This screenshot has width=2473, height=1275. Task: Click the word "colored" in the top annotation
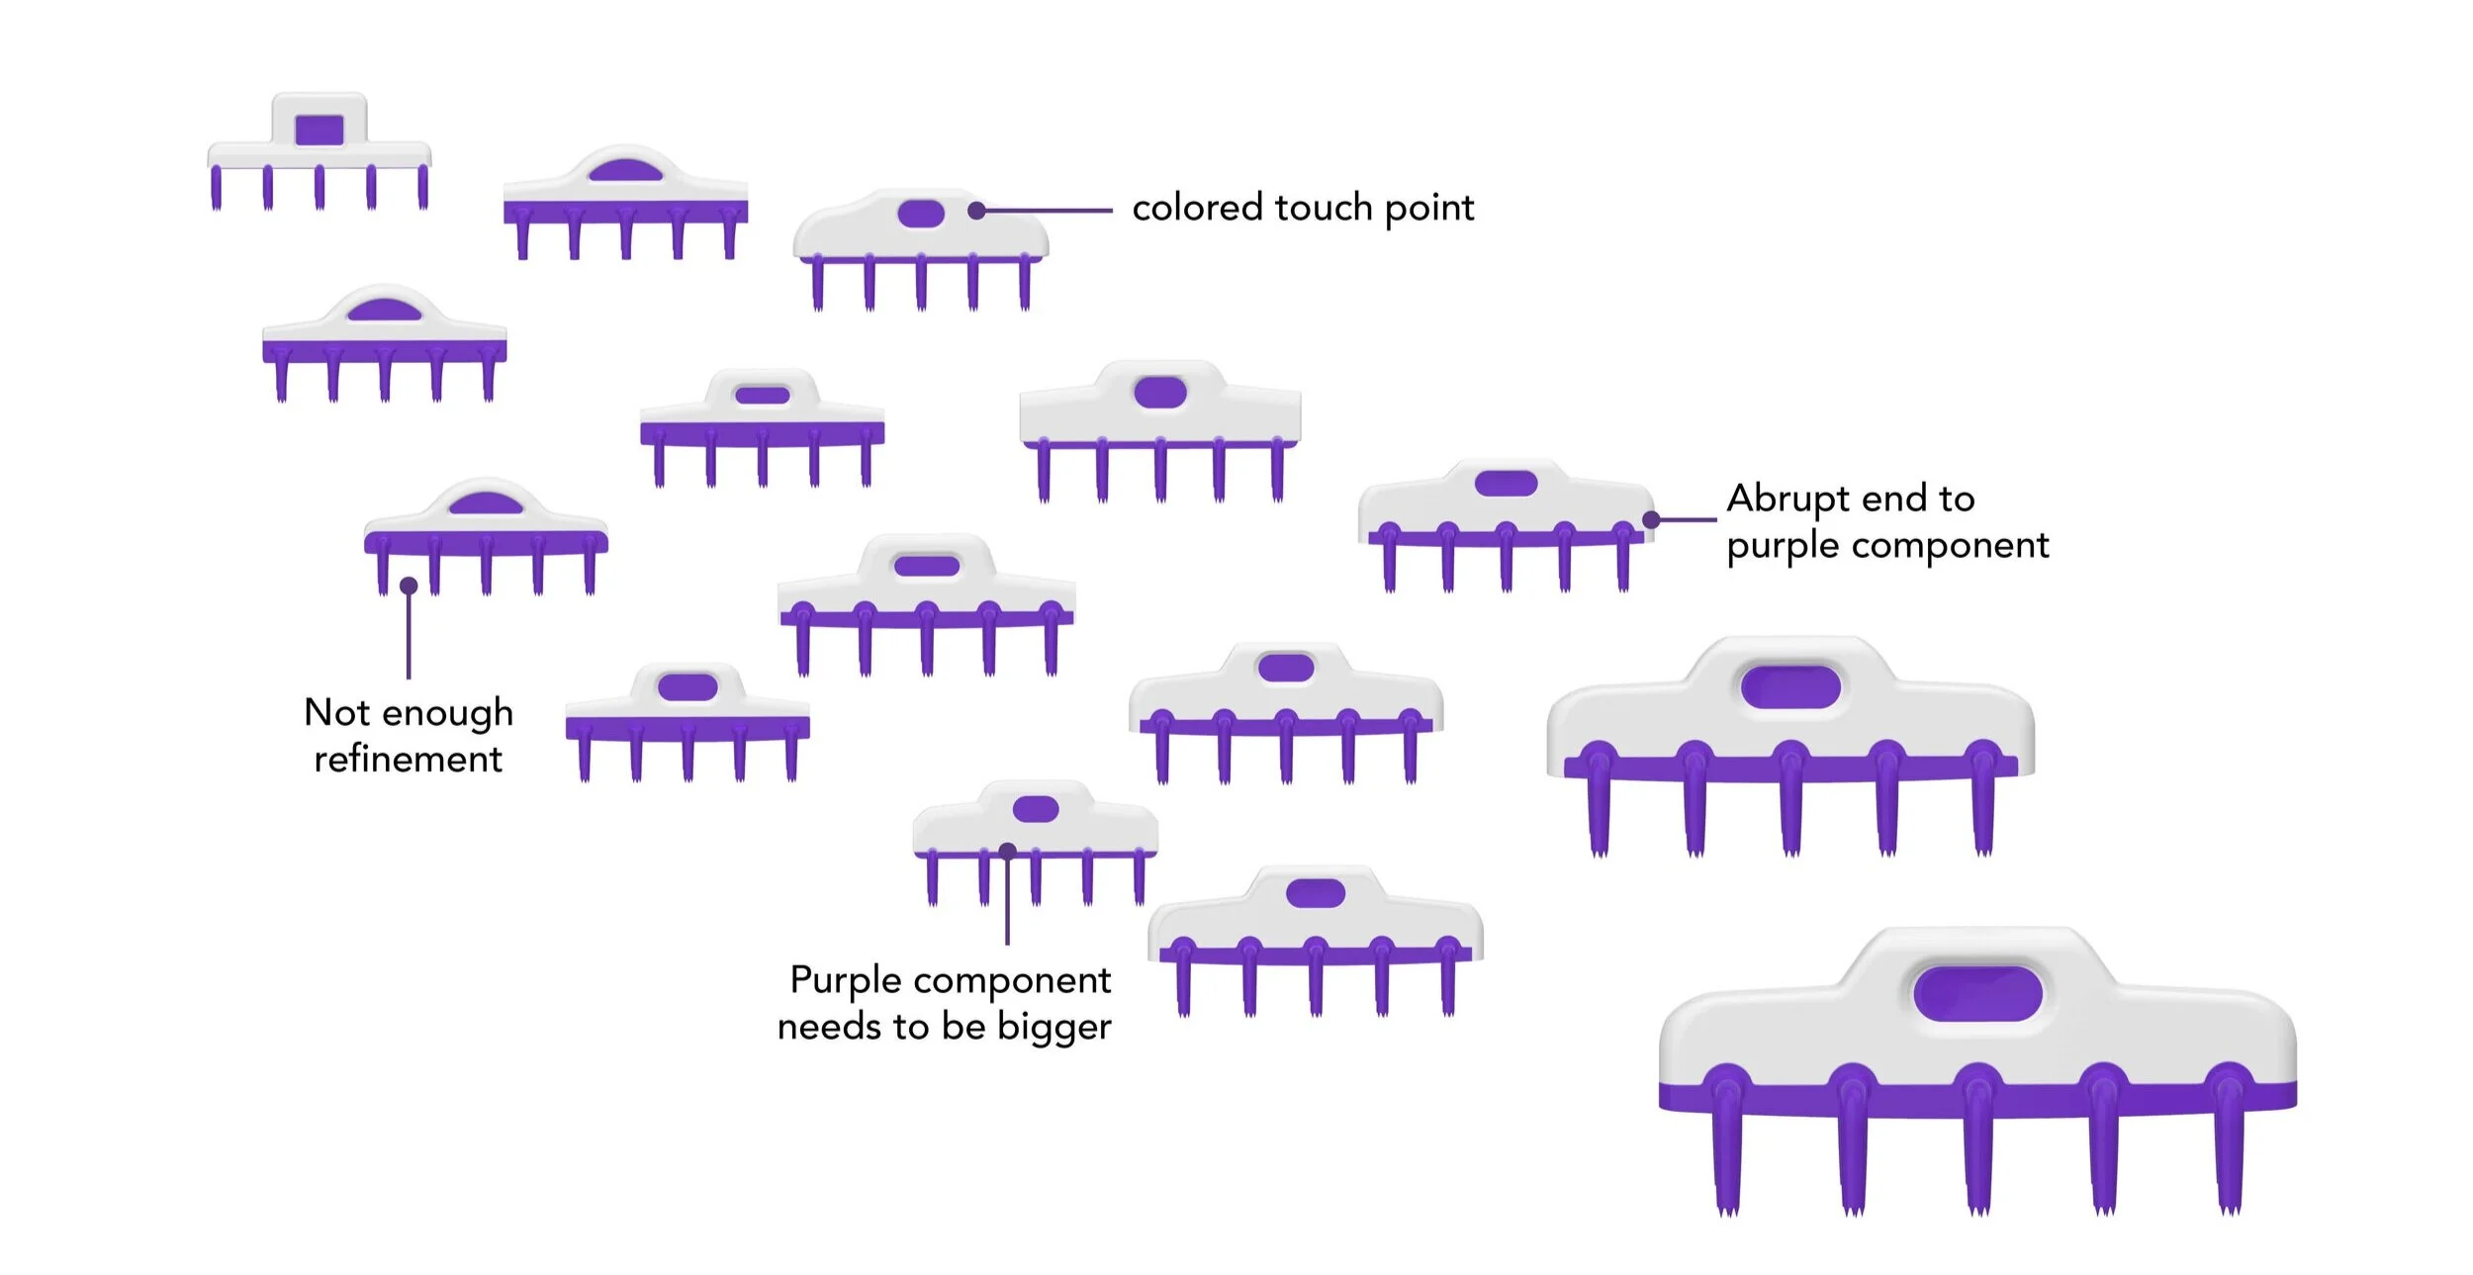pyautogui.click(x=1197, y=209)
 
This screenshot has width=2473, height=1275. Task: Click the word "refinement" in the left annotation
pyautogui.click(x=408, y=760)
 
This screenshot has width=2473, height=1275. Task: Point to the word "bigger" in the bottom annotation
pyautogui.click(x=1054, y=1029)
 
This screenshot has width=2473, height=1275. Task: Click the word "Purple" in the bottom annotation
pyautogui.click(x=846, y=982)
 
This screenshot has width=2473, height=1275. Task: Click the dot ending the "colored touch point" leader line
pyautogui.click(x=976, y=211)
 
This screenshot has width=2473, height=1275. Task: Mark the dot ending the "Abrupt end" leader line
pyautogui.click(x=1651, y=519)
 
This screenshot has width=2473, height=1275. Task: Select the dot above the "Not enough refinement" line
pyautogui.click(x=409, y=587)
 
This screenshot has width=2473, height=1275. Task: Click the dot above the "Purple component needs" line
pyautogui.click(x=1007, y=851)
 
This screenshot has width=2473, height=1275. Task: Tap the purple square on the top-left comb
pyautogui.click(x=320, y=130)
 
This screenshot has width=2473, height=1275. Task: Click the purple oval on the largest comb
pyautogui.click(x=1977, y=994)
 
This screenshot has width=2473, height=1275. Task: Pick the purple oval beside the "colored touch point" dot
pyautogui.click(x=921, y=214)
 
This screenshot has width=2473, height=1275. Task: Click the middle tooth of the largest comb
pyautogui.click(x=1977, y=1147)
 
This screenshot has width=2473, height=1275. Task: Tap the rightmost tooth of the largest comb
pyautogui.click(x=2230, y=1147)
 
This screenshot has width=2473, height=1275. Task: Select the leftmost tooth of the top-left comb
pyautogui.click(x=217, y=188)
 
